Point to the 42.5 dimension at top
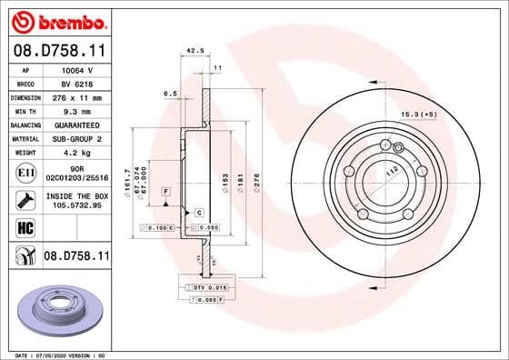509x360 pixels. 193,52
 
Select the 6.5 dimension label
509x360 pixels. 170,93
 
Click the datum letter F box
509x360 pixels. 166,193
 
